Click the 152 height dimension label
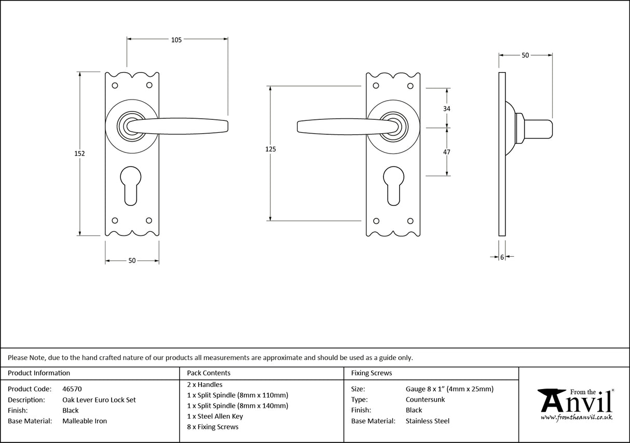(x=79, y=154)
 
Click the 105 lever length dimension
(x=176, y=40)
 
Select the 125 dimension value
(x=270, y=149)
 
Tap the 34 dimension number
(x=446, y=108)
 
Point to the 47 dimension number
(x=446, y=152)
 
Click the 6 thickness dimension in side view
(x=502, y=257)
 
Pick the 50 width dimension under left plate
(x=132, y=260)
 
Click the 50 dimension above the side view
(x=525, y=55)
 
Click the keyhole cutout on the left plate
(x=132, y=190)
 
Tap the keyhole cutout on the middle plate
(x=393, y=190)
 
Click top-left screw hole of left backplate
(x=115, y=85)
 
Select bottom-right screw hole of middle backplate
(x=410, y=220)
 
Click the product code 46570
(x=72, y=389)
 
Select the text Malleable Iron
(x=85, y=421)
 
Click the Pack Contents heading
(x=209, y=372)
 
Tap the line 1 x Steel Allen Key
(x=215, y=416)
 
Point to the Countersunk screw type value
(x=425, y=399)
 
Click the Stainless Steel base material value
(x=427, y=421)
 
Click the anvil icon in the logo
(x=551, y=400)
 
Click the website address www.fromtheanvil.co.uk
(x=577, y=417)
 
